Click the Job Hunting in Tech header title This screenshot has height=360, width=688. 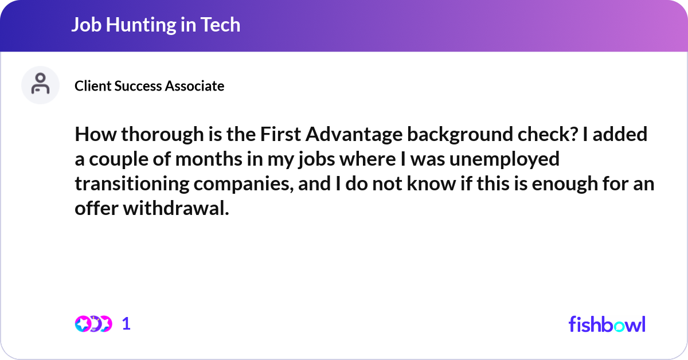[155, 25]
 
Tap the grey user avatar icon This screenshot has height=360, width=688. [40, 85]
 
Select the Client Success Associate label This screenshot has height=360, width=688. [149, 86]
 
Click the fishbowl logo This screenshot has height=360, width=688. [607, 324]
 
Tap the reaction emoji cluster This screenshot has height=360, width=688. [93, 324]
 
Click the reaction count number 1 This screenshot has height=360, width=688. [126, 324]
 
